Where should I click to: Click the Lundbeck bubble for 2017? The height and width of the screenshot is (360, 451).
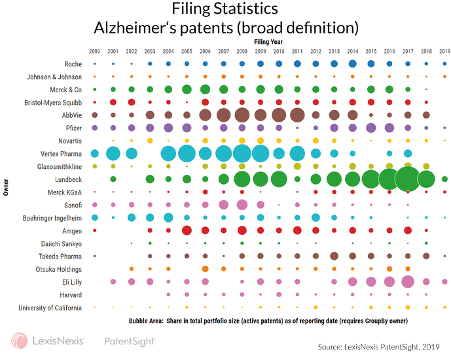click(x=408, y=179)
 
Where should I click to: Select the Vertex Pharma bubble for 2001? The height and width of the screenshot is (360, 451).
click(x=113, y=153)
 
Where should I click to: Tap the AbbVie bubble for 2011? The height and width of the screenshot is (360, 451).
click(x=297, y=115)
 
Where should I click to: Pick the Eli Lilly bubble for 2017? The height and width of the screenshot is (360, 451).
click(x=408, y=281)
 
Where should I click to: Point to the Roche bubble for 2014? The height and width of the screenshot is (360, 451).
click(x=352, y=63)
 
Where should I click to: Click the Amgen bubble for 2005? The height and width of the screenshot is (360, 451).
click(x=187, y=230)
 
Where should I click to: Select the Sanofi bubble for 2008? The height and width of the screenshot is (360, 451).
click(x=242, y=205)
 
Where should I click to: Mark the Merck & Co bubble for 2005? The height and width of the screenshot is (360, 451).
click(x=187, y=89)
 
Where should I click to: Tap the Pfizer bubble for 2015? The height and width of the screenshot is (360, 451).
click(x=371, y=128)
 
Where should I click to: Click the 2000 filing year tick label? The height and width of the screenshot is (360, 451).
click(x=95, y=51)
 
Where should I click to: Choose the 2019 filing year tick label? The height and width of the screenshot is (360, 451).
click(x=444, y=51)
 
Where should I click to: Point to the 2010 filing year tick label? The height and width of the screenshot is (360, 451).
click(x=279, y=51)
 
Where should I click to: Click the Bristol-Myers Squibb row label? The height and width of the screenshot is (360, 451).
click(x=52, y=102)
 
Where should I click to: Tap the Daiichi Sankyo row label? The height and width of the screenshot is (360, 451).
click(x=61, y=243)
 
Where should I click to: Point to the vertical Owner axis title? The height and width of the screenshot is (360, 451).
click(x=5, y=185)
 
